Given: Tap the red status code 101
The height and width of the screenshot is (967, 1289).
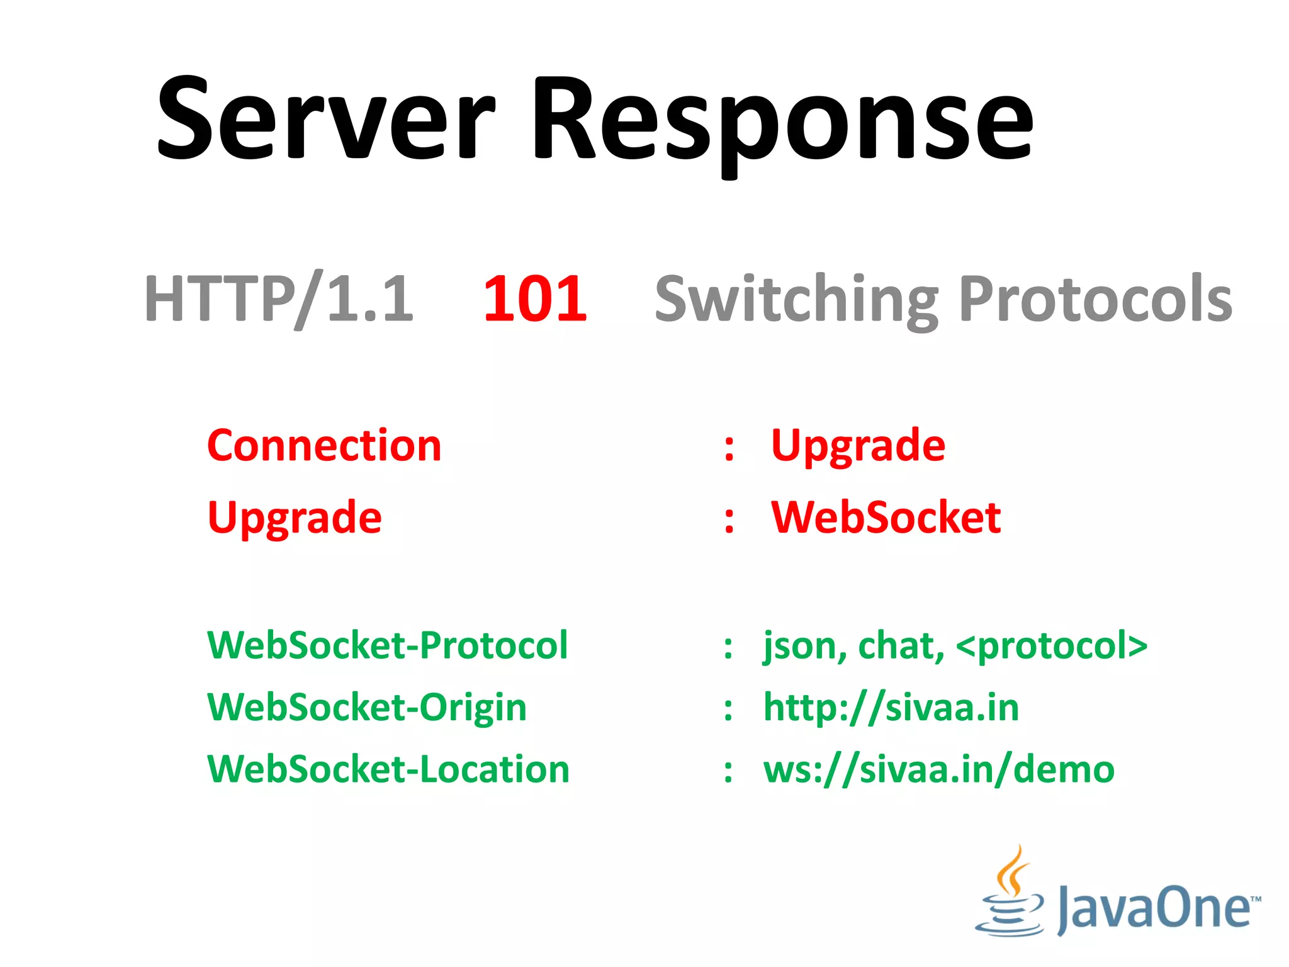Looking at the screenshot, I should [x=535, y=298].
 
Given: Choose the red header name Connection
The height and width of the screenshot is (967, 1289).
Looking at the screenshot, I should [x=324, y=445].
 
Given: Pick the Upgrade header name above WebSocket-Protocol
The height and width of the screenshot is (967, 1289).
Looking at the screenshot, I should [x=295, y=518].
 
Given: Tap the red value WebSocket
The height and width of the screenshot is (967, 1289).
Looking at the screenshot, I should [x=886, y=517].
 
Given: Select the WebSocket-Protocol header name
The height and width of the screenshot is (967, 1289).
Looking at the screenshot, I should [x=387, y=645].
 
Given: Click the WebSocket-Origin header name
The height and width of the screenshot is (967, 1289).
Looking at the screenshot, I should [x=367, y=707].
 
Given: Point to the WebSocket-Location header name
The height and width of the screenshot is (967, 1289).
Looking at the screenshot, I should [x=388, y=769].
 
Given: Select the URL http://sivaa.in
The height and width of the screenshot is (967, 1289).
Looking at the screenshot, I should [x=891, y=707].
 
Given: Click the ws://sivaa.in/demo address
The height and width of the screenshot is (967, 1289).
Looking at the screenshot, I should [x=938, y=769].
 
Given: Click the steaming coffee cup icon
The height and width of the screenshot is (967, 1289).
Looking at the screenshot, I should [x=1009, y=894].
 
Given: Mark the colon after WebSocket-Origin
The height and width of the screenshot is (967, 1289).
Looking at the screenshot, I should [x=728, y=709].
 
